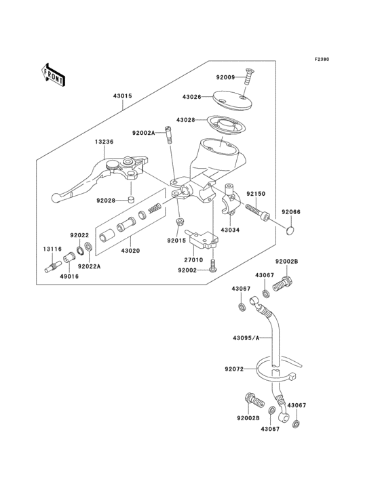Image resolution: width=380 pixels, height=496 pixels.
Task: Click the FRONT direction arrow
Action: pos(54,74)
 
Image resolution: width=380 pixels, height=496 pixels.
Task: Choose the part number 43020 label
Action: pos(130,251)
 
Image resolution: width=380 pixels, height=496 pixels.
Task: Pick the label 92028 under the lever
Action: pos(106,201)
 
